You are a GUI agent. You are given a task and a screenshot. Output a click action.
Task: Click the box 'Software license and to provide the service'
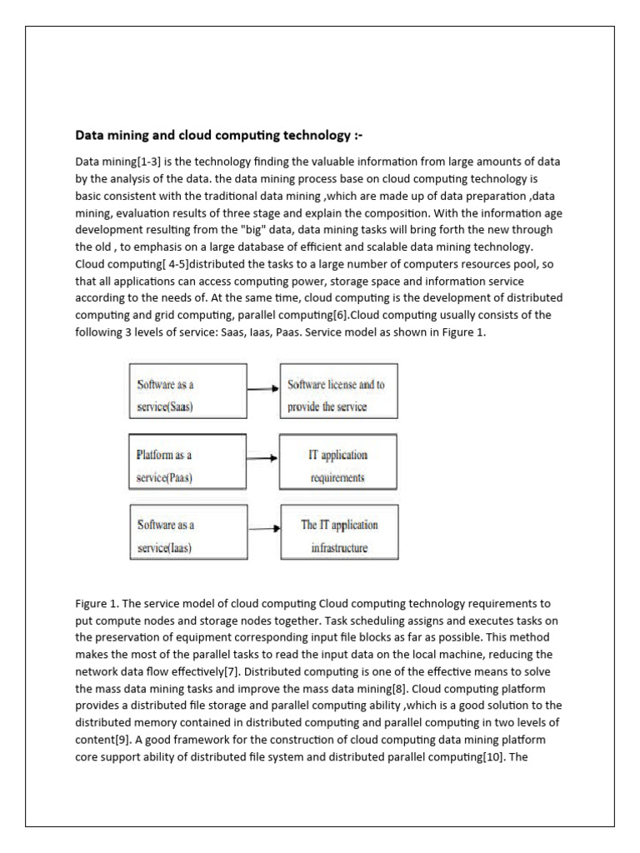coord(337,396)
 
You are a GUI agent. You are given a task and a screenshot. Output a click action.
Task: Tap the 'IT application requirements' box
coord(337,466)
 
